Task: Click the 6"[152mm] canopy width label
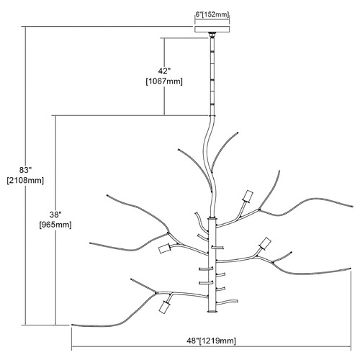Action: click(212, 14)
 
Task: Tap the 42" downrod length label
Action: click(164, 71)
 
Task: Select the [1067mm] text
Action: click(164, 81)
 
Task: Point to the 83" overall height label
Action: click(25, 170)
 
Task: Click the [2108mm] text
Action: click(25, 181)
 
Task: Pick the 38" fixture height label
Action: click(55, 215)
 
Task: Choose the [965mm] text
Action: click(55, 225)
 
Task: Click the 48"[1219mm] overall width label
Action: click(211, 341)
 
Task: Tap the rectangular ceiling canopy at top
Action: click(212, 29)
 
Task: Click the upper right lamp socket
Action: click(248, 196)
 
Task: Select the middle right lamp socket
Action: click(265, 243)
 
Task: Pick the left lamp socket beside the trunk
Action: click(165, 248)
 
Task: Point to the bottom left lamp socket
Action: click(165, 306)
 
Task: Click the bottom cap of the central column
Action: click(212, 312)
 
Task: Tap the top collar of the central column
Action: click(212, 218)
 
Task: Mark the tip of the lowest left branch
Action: click(72, 325)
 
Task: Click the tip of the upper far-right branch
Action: click(352, 207)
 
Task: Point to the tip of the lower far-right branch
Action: click(351, 268)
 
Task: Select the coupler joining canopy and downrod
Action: click(212, 35)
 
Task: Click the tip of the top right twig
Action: click(238, 132)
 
